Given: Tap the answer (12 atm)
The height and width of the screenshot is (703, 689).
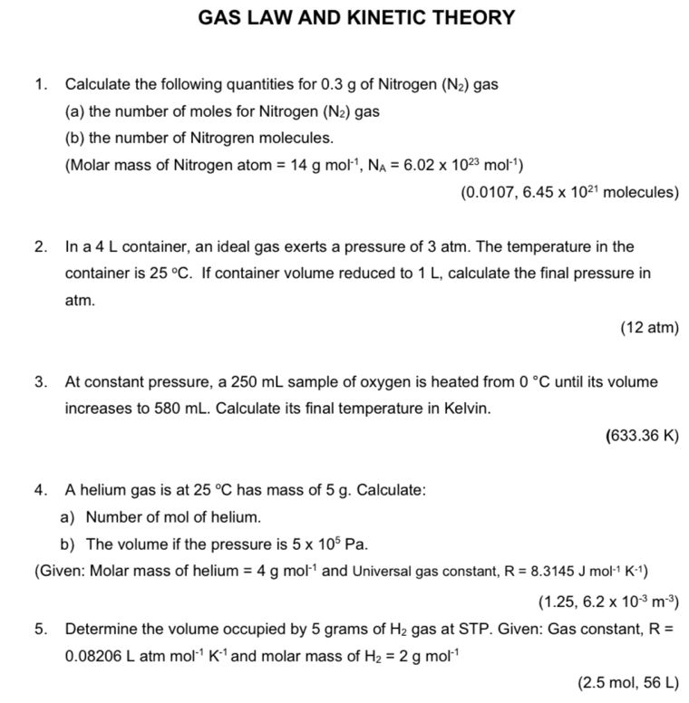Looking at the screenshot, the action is (x=649, y=328).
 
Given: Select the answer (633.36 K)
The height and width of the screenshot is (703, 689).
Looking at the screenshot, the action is (x=641, y=436).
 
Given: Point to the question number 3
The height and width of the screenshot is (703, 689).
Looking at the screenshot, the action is (x=39, y=382).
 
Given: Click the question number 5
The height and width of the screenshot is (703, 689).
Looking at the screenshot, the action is (x=39, y=627).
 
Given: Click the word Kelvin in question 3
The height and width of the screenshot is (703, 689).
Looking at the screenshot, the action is (x=468, y=409).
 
